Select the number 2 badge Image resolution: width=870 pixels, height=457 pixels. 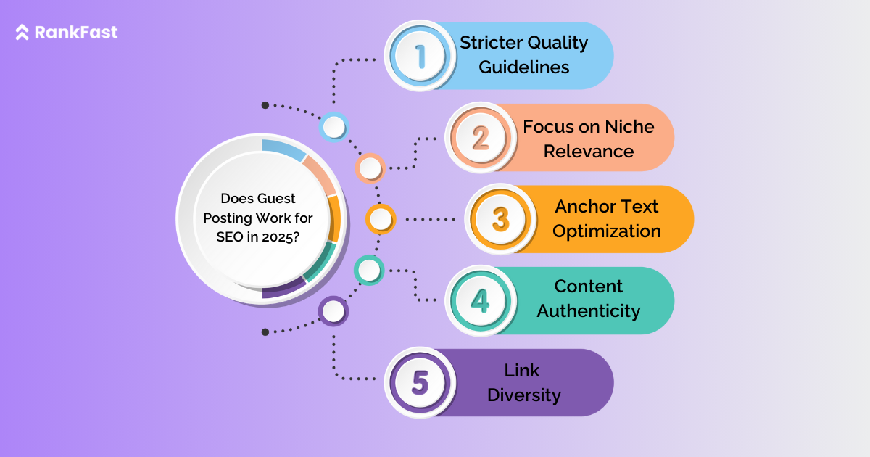(x=481, y=137)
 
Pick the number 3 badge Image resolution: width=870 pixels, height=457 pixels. (x=500, y=219)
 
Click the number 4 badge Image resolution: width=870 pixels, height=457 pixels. (x=480, y=300)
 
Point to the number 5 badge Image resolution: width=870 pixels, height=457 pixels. (x=420, y=382)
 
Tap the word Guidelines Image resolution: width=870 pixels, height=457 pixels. (x=524, y=67)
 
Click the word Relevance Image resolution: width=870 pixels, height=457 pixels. (x=589, y=152)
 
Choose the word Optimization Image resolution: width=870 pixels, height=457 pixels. (x=607, y=231)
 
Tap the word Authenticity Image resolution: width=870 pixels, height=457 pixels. (x=589, y=311)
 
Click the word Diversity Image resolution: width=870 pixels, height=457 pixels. (x=523, y=395)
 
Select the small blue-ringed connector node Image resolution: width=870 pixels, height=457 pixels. (x=334, y=128)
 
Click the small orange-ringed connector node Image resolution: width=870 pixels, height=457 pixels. (x=380, y=218)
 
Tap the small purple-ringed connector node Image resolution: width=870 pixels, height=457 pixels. (x=333, y=312)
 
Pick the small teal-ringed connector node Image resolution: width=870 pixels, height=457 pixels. (x=369, y=271)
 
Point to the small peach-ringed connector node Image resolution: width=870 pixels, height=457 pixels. (x=370, y=168)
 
